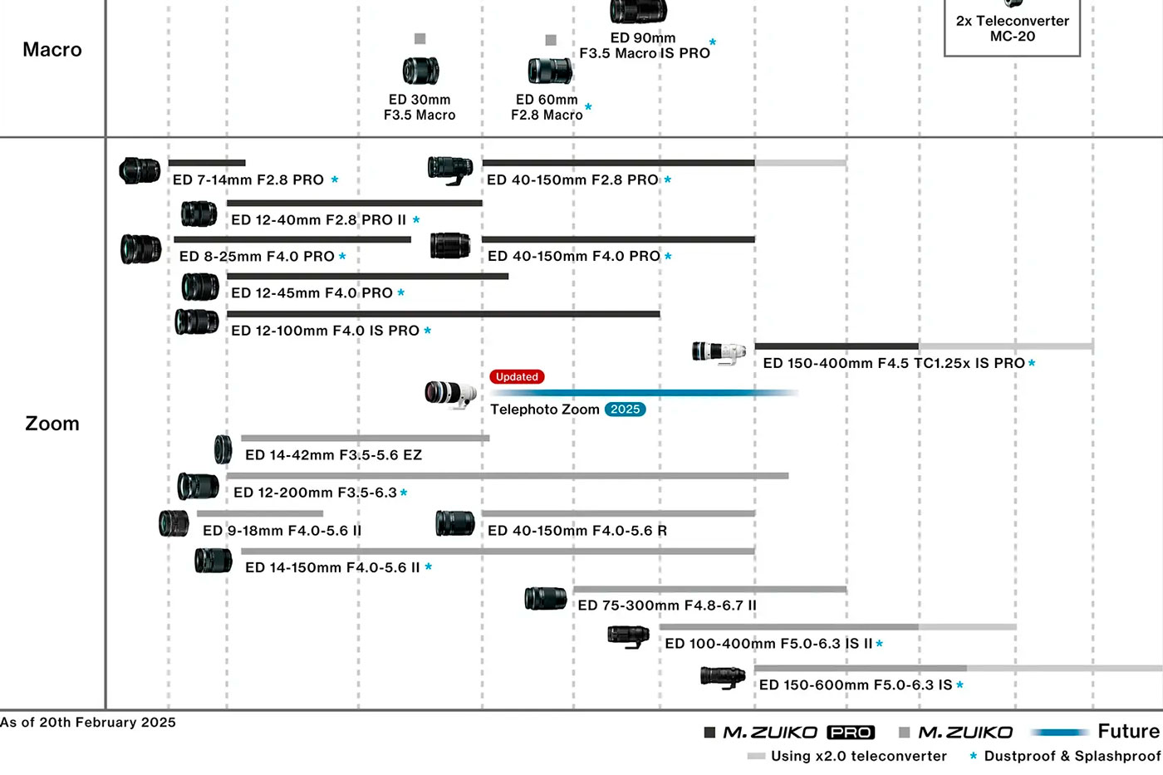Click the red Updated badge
coord(517,377)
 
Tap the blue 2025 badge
coord(625,410)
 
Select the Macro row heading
coord(52,50)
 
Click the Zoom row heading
coord(52,424)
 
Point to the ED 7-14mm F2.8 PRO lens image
coord(140,171)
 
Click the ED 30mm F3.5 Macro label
coord(420,107)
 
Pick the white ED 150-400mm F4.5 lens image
coord(719,352)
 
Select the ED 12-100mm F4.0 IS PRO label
coord(325,331)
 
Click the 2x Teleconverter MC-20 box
coord(1012,27)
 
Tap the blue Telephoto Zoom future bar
coord(644,393)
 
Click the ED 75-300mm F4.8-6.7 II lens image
coord(546,598)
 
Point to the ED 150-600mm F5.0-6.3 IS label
coord(856,684)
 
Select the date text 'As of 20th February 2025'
coord(88,723)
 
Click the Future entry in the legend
coord(1127,731)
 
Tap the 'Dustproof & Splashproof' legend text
coord(1072,756)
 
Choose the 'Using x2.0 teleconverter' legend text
coord(858,756)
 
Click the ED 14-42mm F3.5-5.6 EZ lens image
coord(223,449)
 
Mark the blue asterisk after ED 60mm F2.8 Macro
coord(588,107)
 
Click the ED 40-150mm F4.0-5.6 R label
coord(577,531)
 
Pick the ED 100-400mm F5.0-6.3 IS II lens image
coord(628,636)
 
